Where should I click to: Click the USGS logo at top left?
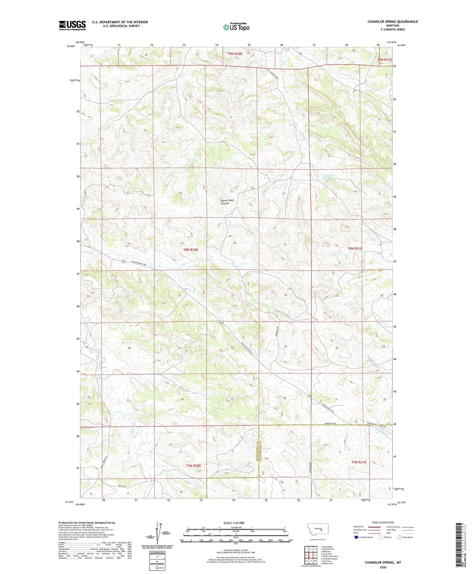(72, 25)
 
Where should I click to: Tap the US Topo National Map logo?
(236, 27)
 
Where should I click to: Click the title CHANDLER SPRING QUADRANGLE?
(392, 22)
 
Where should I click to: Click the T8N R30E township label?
(191, 250)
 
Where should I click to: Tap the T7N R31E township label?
(359, 462)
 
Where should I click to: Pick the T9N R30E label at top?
(235, 54)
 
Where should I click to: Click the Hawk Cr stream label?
(89, 349)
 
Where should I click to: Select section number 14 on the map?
(234, 243)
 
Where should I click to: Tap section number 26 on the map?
(232, 348)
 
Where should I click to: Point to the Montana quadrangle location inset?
(317, 530)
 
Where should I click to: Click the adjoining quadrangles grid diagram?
(310, 556)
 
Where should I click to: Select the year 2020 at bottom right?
(383, 567)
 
